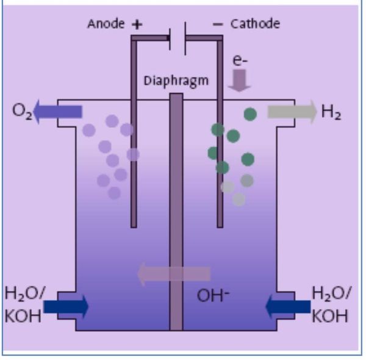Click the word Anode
coord(106,24)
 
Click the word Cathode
coord(255,24)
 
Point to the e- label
coord(240,61)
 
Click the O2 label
coord(21,112)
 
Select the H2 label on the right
coord(331,112)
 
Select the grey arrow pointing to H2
coord(292,112)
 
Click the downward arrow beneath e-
coord(239,81)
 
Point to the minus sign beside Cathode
coord(218,24)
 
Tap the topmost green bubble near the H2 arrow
coord(250,113)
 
